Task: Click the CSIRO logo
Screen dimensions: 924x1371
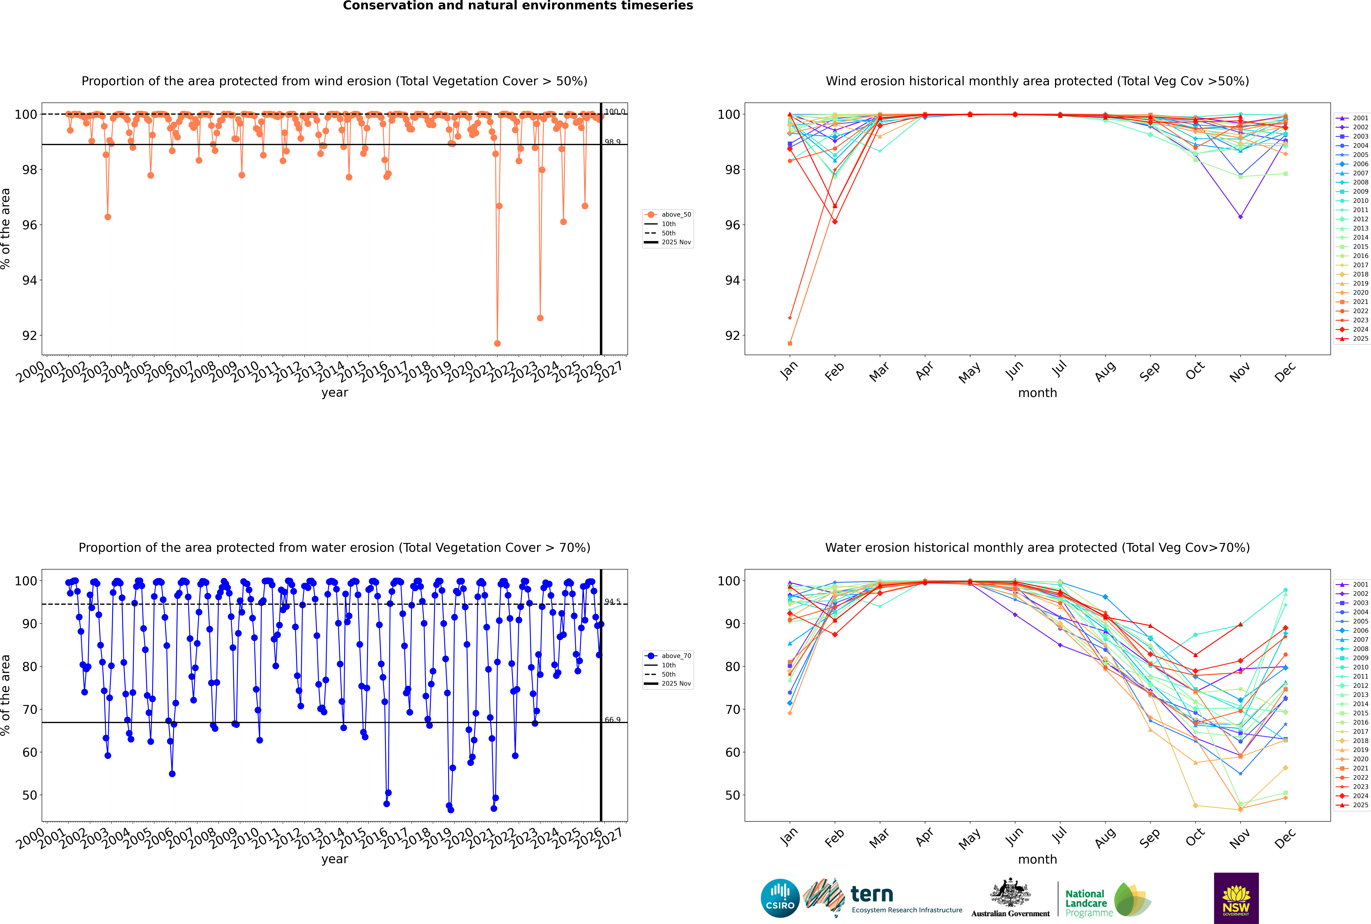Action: (x=780, y=898)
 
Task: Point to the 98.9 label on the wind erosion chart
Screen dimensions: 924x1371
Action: (x=612, y=142)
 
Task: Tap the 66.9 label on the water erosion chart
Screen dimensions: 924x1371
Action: (x=612, y=720)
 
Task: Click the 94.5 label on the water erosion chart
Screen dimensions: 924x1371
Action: (x=612, y=602)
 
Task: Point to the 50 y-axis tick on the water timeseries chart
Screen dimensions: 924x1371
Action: (x=29, y=795)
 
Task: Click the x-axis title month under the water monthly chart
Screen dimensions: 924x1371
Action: (x=1037, y=859)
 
